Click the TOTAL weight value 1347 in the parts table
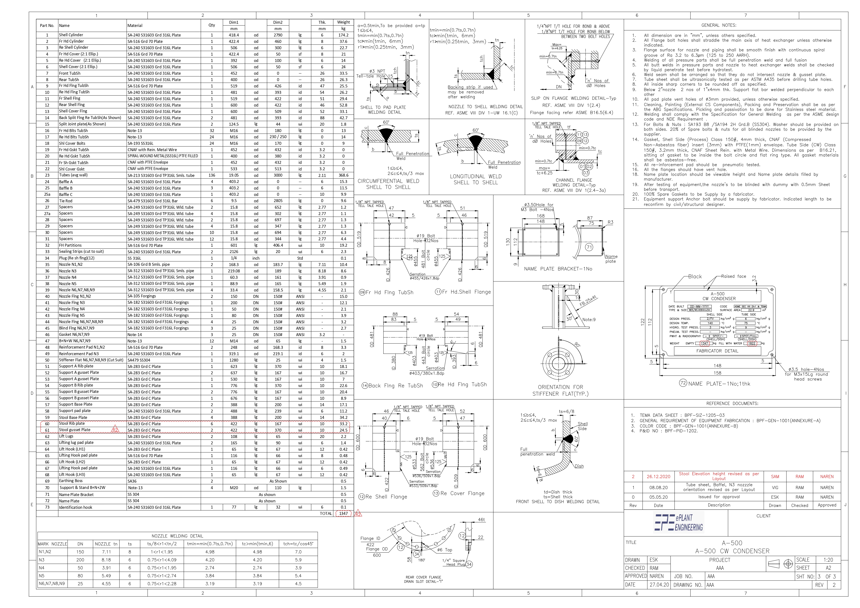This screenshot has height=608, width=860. coord(343,514)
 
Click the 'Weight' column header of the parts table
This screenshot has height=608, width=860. coord(343,22)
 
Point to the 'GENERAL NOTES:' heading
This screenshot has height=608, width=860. coord(718,25)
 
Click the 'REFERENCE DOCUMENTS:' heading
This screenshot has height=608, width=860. coord(732,404)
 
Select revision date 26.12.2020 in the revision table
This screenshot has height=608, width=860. coord(658,477)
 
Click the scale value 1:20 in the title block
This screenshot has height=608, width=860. coord(828,560)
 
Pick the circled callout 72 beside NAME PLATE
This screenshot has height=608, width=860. coord(683,383)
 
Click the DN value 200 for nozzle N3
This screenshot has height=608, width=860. coord(80,560)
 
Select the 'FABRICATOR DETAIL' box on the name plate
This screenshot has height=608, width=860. coord(717,351)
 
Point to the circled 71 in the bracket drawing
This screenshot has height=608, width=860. coord(589,247)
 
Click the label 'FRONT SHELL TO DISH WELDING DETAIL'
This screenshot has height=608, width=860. coord(557,502)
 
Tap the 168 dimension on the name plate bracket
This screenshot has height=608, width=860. coord(540,216)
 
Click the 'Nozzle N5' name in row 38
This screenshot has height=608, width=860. coord(67,284)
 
